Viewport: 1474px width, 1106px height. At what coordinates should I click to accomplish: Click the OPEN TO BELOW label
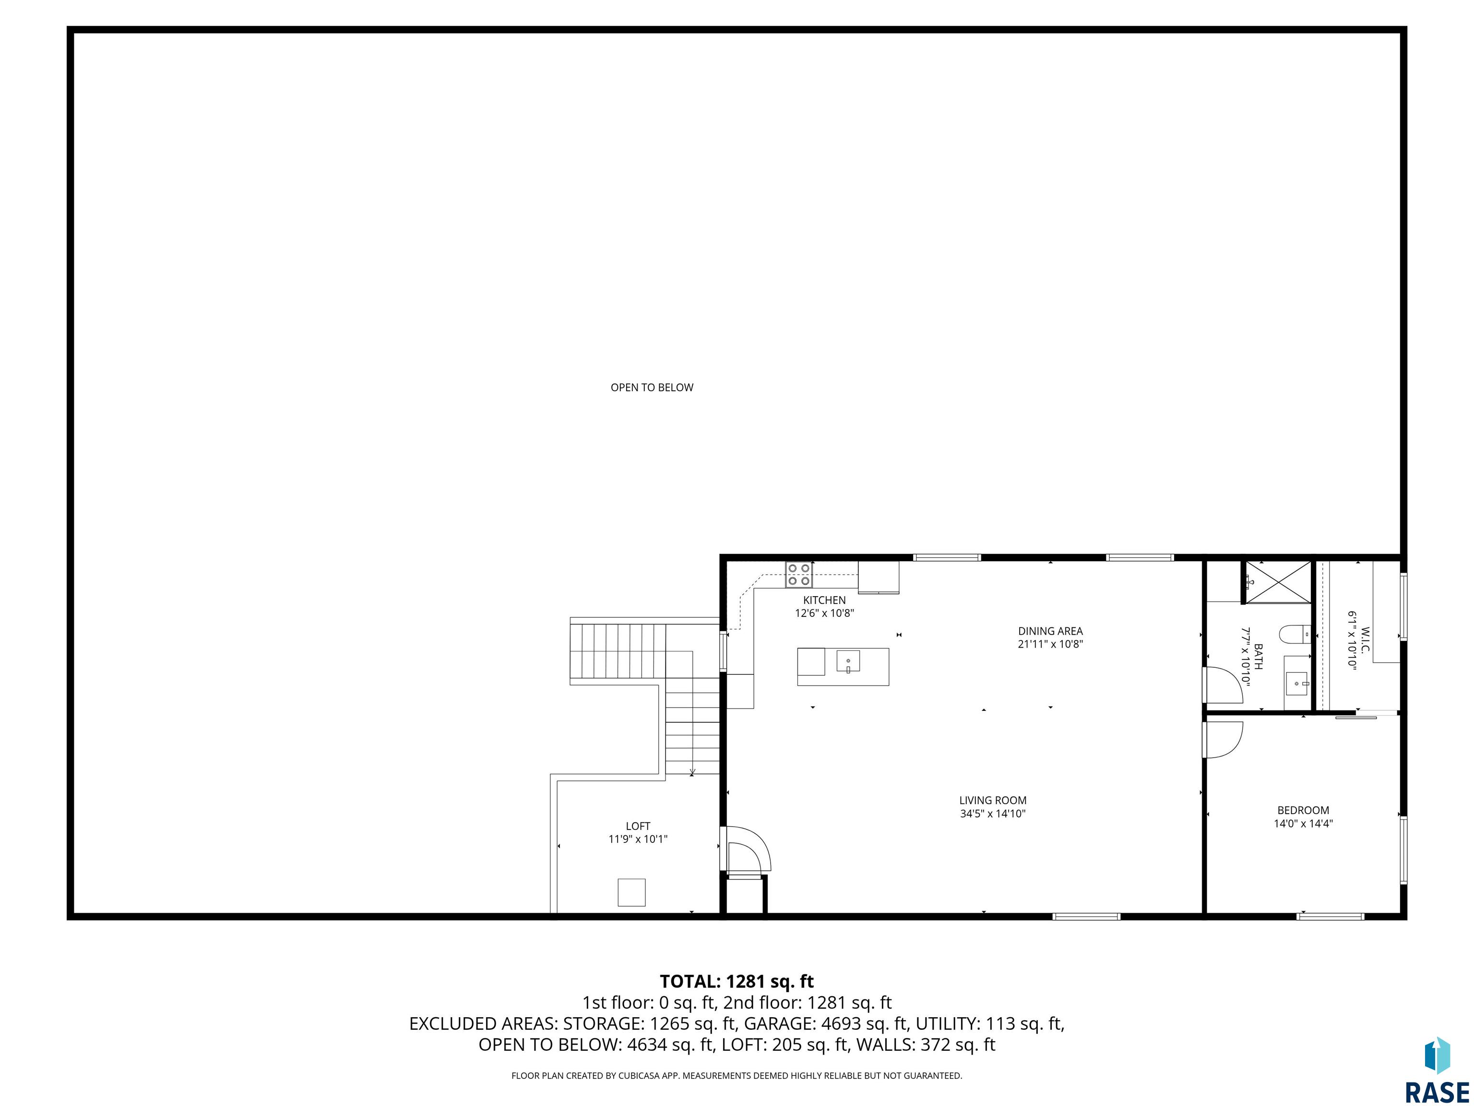pyautogui.click(x=652, y=387)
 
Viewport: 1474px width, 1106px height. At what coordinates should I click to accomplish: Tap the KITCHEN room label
pyautogui.click(x=824, y=600)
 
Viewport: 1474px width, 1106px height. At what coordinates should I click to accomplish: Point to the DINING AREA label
pyautogui.click(x=1050, y=631)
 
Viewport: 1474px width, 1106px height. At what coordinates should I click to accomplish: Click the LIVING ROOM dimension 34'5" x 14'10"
pyautogui.click(x=992, y=813)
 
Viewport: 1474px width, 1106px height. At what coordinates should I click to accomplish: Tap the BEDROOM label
pyautogui.click(x=1303, y=810)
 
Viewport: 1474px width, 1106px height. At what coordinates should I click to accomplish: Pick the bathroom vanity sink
pyautogui.click(x=1297, y=684)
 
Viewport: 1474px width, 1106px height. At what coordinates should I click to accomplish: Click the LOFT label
pyautogui.click(x=638, y=826)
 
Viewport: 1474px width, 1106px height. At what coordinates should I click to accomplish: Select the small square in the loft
pyautogui.click(x=631, y=892)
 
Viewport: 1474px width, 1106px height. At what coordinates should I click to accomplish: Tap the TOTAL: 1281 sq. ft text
pyautogui.click(x=737, y=981)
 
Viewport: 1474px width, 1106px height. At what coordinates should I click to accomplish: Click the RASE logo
pyautogui.click(x=1437, y=1072)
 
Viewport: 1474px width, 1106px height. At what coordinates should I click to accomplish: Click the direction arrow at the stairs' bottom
pyautogui.click(x=692, y=771)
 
